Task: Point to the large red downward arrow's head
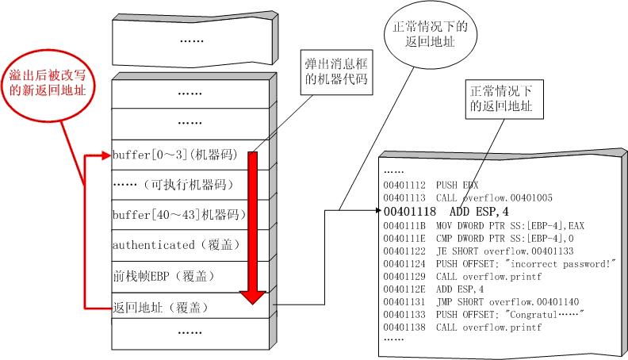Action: click(x=252, y=297)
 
